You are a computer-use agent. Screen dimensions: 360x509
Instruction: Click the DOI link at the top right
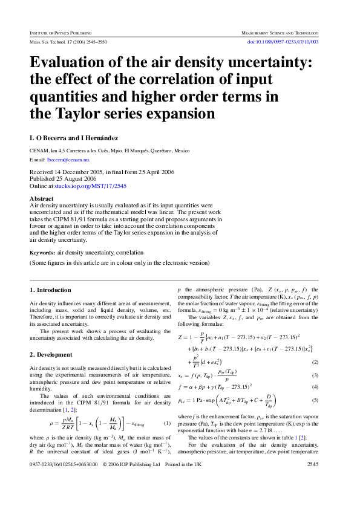click(x=284, y=42)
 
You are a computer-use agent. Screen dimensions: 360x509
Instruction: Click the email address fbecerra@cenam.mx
click(x=68, y=160)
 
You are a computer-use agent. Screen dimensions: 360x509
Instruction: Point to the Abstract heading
click(x=42, y=198)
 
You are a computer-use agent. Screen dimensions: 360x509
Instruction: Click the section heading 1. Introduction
click(x=51, y=290)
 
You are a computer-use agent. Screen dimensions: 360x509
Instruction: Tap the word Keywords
click(x=42, y=253)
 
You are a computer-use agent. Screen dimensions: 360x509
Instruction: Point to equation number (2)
click(x=315, y=362)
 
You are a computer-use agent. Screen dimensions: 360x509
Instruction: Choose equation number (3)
click(x=315, y=375)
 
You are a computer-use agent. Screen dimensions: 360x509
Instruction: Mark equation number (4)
click(x=315, y=387)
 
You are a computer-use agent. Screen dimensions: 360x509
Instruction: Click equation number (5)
click(x=315, y=400)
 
